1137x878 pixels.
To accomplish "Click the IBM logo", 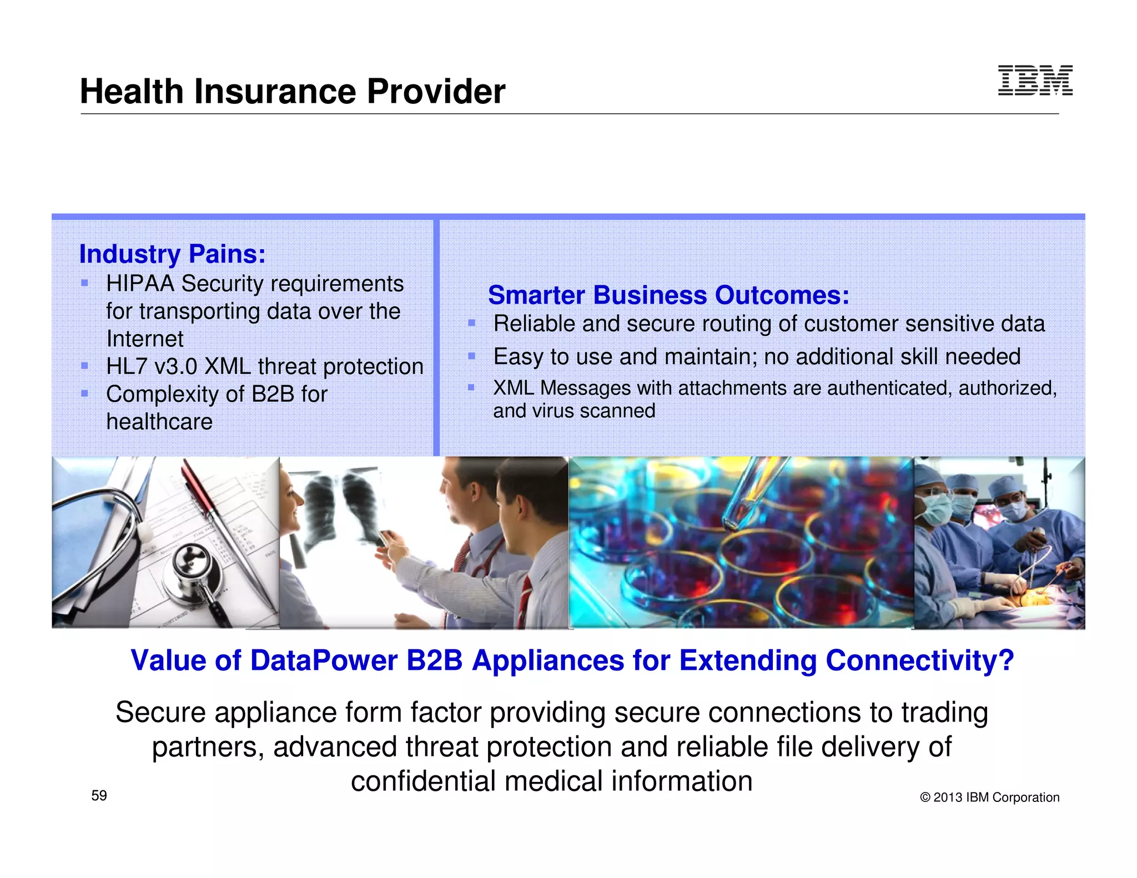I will [x=1035, y=80].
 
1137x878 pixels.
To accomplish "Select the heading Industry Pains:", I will [x=172, y=254].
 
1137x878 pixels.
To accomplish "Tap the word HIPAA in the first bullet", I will [x=140, y=284].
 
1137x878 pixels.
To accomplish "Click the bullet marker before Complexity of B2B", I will [x=85, y=393].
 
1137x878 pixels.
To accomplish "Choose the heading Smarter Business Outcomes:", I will [x=668, y=295].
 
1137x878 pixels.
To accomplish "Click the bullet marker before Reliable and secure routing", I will [x=472, y=323].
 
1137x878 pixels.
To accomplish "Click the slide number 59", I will [x=99, y=796].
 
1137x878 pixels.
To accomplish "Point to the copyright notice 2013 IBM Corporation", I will [x=990, y=798].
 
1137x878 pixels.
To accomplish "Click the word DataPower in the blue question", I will [x=324, y=661].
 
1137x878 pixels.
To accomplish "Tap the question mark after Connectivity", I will [x=1007, y=661].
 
